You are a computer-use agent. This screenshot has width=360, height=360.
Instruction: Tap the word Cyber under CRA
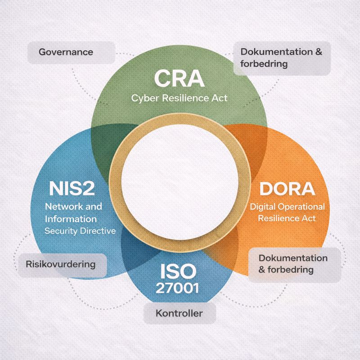pos(144,99)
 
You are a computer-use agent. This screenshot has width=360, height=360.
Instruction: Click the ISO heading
pos(178,271)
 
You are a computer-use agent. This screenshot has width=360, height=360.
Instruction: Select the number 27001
pos(178,288)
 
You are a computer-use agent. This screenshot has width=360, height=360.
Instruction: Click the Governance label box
pos(66,52)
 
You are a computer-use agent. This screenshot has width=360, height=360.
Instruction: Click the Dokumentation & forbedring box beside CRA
pos(281,58)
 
